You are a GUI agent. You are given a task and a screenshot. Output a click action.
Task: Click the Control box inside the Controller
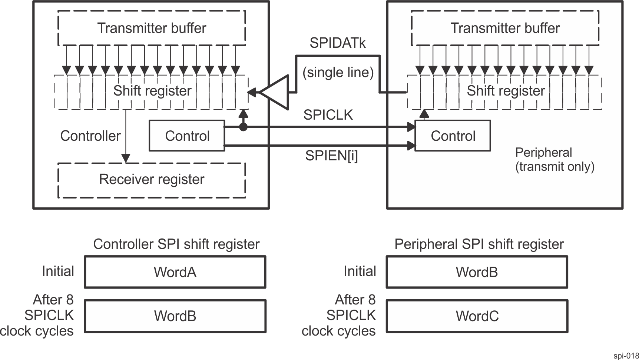click(187, 136)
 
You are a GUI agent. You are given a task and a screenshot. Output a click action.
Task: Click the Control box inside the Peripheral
click(453, 136)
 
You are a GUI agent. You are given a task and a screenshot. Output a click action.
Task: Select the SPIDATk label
click(338, 43)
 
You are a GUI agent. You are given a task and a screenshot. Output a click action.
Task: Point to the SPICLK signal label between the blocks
click(328, 115)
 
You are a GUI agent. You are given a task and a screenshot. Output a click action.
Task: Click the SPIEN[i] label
click(332, 156)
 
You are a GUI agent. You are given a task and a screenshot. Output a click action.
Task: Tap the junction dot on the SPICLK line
click(243, 127)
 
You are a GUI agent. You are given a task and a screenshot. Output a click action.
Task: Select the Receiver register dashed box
click(152, 180)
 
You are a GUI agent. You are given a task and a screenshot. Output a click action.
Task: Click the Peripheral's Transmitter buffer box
click(505, 28)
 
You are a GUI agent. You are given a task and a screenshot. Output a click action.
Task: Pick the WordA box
click(175, 272)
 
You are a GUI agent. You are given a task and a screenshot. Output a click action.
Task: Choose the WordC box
click(477, 316)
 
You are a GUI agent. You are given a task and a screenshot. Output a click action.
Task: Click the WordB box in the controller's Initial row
click(175, 316)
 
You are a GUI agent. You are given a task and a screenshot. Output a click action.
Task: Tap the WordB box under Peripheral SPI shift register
click(477, 272)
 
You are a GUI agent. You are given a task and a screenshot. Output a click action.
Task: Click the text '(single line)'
click(338, 72)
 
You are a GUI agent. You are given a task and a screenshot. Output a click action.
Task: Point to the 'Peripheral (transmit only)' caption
click(554, 160)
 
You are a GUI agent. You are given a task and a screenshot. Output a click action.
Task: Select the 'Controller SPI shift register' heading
click(176, 244)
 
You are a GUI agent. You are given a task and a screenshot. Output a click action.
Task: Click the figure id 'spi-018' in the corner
click(626, 356)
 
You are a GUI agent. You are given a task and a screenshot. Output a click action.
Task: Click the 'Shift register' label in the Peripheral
click(506, 91)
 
